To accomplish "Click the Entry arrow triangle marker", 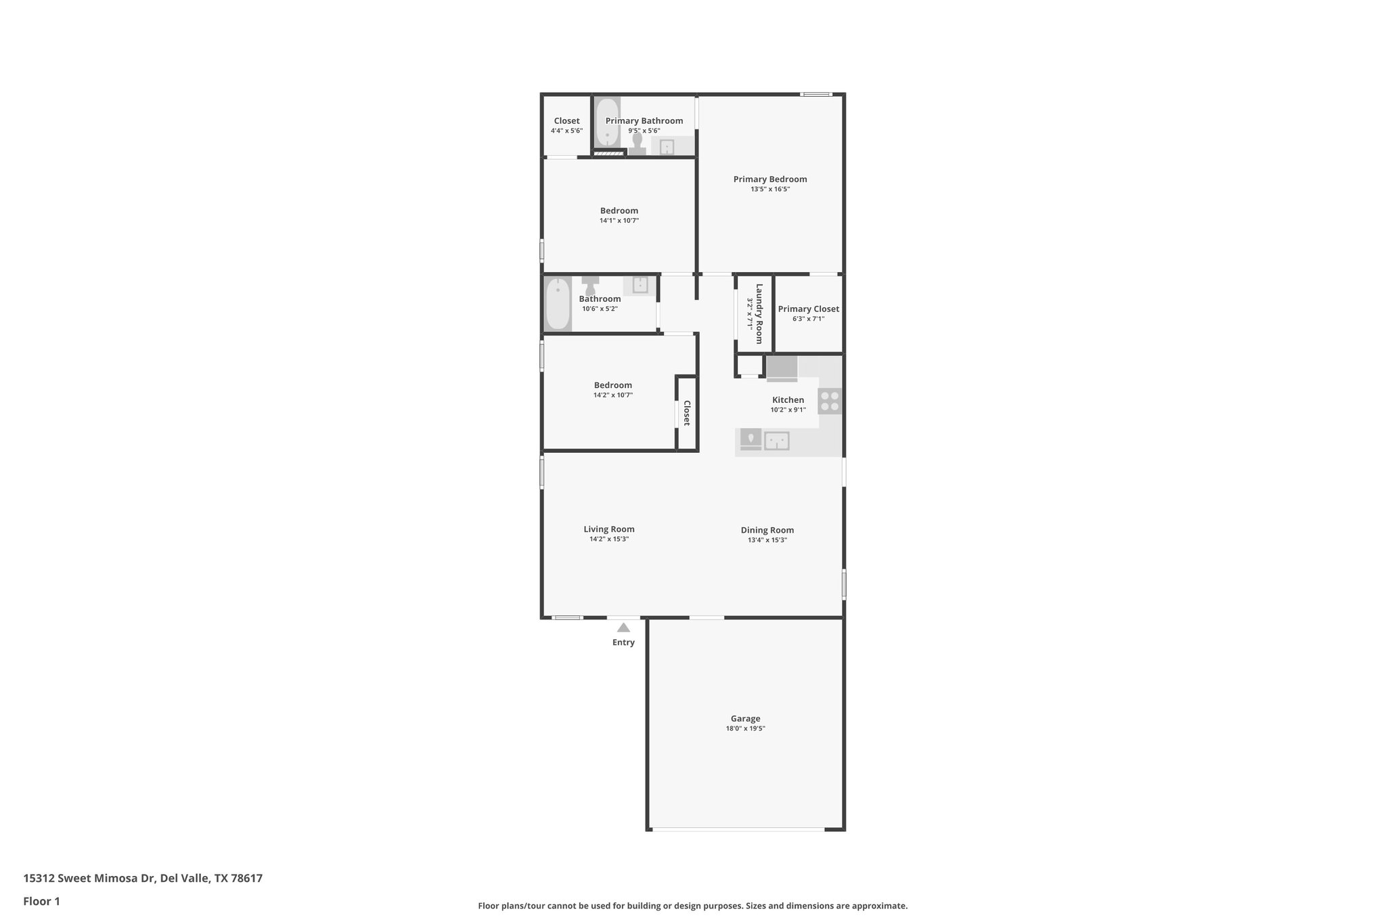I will click(623, 628).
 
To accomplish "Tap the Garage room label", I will click(745, 719).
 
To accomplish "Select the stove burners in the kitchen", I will click(830, 401).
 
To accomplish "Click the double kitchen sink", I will click(776, 441).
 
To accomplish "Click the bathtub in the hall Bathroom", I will click(558, 304).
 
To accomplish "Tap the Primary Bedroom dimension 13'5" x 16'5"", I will click(770, 190).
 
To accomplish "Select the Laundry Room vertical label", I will click(759, 313).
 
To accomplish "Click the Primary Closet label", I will click(808, 309).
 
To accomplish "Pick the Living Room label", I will click(609, 529).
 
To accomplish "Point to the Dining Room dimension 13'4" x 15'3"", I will click(767, 540).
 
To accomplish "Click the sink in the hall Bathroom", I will click(640, 285).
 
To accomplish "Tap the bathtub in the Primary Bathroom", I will click(608, 123).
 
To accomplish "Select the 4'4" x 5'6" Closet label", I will click(566, 121).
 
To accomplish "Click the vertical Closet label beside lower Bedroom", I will click(686, 413).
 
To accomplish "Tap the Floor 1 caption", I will click(41, 902).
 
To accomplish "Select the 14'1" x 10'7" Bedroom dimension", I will click(619, 221).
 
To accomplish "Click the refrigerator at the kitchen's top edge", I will click(782, 368).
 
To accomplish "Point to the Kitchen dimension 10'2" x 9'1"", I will click(788, 410).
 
